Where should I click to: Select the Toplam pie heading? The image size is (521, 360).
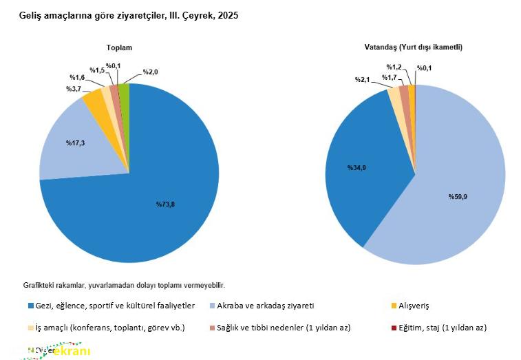[x=118, y=47]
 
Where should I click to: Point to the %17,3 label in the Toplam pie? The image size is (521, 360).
[x=76, y=142]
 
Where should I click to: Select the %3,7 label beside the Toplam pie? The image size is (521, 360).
[x=74, y=89]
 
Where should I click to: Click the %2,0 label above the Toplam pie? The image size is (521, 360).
[x=150, y=72]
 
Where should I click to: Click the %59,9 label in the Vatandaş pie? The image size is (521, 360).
[x=458, y=197]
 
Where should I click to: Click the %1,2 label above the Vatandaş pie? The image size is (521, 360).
[x=394, y=67]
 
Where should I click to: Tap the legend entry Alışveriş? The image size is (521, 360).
[x=416, y=305]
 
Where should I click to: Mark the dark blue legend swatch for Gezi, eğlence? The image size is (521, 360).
[x=30, y=305]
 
